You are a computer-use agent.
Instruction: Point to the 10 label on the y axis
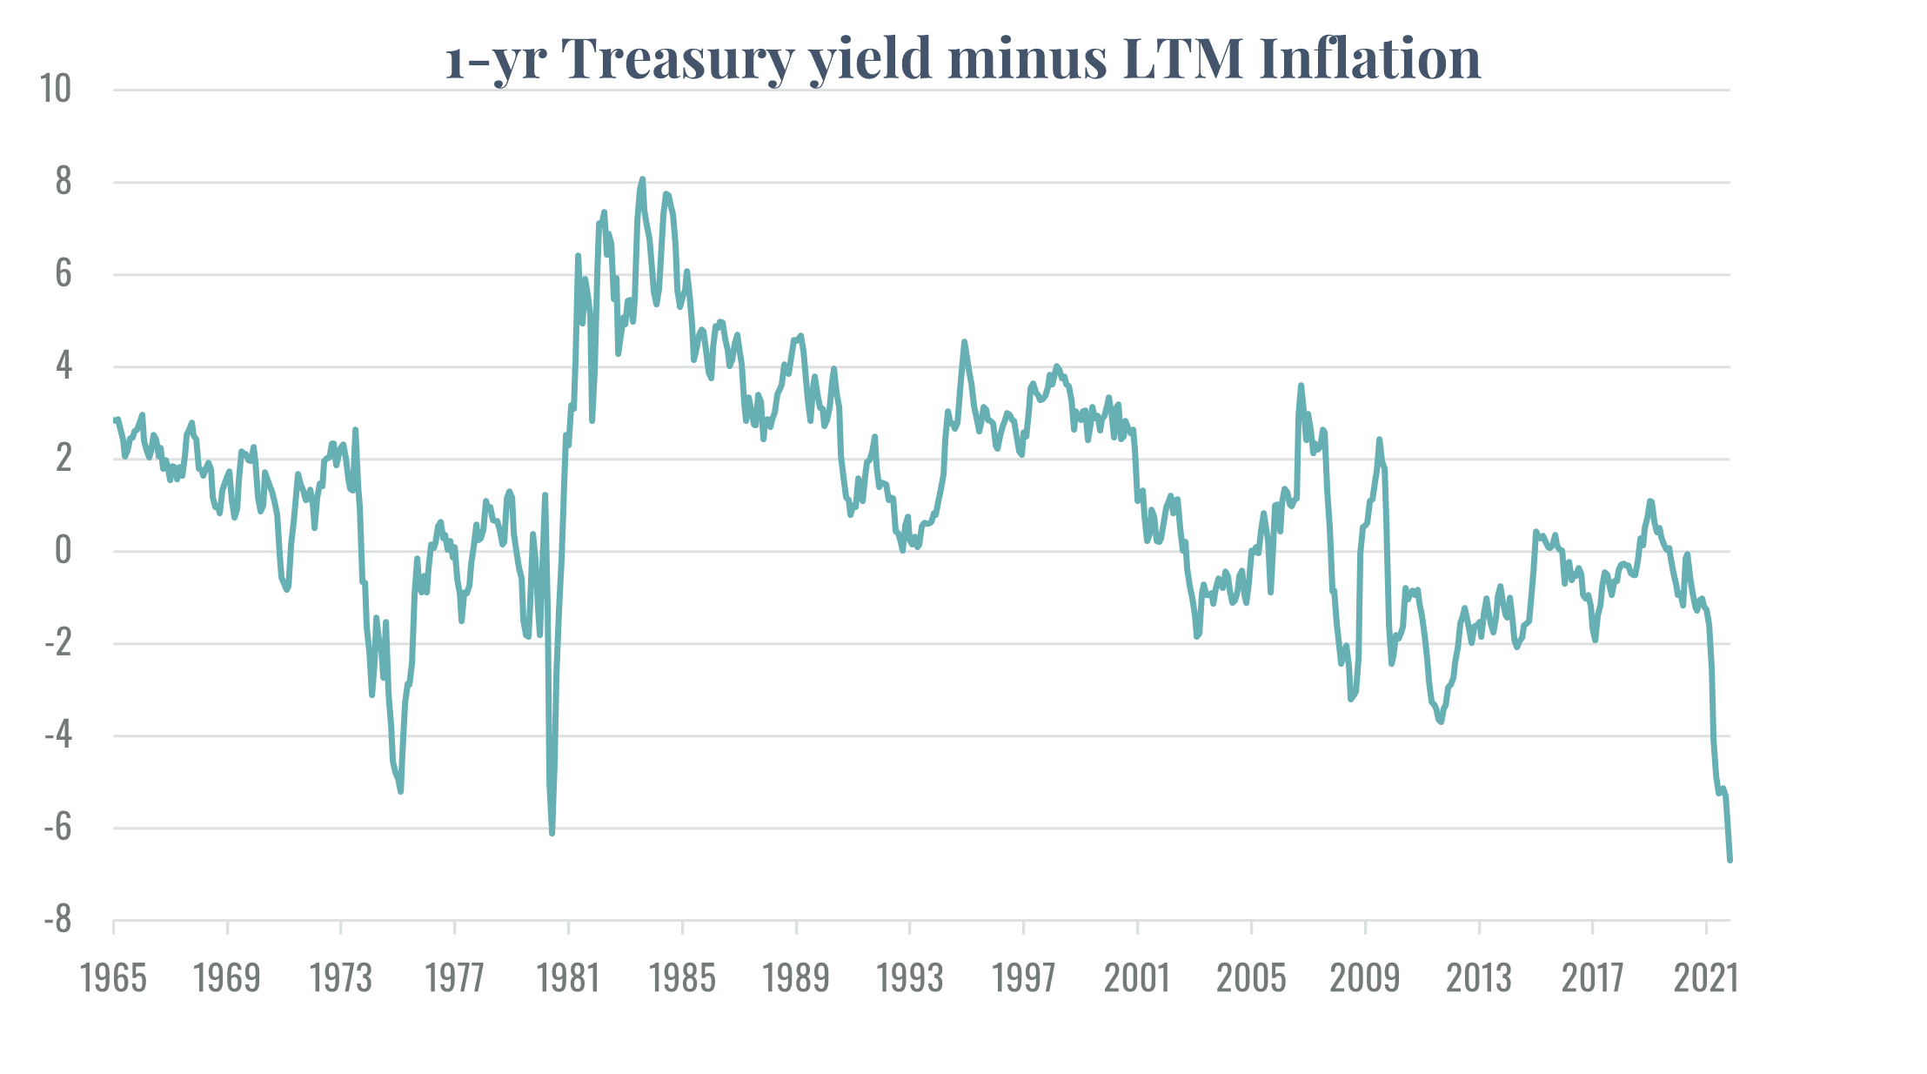coord(57,89)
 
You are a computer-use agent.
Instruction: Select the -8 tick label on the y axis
coord(58,921)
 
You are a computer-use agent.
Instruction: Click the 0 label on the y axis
coord(63,551)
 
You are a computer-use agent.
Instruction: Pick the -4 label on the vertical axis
coord(58,736)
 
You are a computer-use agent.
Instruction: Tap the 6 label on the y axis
coord(63,274)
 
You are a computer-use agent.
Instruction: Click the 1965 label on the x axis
coord(113,978)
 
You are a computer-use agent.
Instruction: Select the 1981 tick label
coord(568,978)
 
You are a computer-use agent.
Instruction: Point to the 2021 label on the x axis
coord(1706,978)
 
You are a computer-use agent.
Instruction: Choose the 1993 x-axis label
coord(910,978)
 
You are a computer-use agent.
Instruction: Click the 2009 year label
coord(1365,978)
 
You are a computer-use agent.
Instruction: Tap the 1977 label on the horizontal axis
coord(454,978)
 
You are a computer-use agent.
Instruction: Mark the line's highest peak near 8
coord(642,179)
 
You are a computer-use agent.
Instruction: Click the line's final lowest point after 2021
coord(1730,860)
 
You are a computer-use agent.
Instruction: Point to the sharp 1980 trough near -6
coord(552,833)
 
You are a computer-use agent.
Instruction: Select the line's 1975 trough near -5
coord(400,790)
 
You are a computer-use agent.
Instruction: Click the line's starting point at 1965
coord(116,420)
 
